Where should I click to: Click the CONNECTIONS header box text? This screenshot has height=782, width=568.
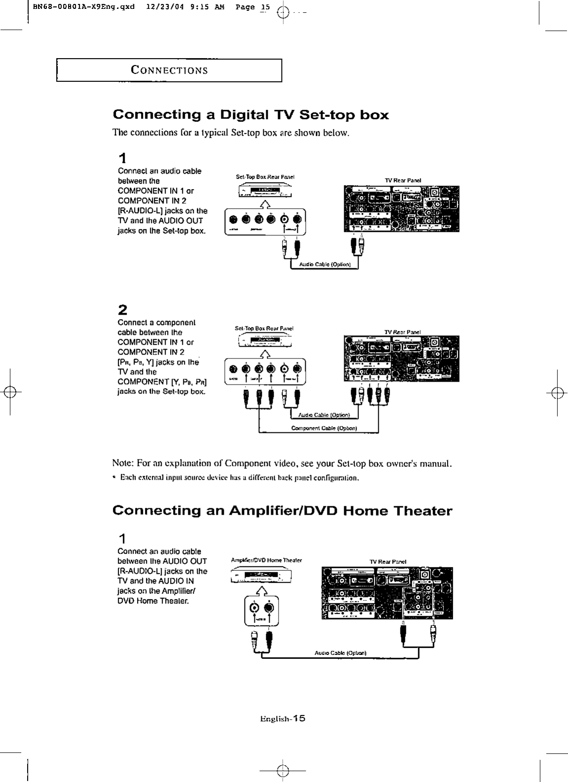pyautogui.click(x=169, y=69)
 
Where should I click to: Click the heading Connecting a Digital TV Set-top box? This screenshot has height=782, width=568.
pyautogui.click(x=250, y=115)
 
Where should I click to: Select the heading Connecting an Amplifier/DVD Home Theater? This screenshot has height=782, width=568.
pyautogui.click(x=282, y=511)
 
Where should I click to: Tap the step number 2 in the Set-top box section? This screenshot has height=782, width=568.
pyautogui.click(x=123, y=310)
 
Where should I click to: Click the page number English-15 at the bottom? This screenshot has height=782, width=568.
pyautogui.click(x=283, y=718)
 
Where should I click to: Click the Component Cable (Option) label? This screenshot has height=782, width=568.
pyautogui.click(x=324, y=428)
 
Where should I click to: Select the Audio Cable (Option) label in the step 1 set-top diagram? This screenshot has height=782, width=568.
pyautogui.click(x=324, y=264)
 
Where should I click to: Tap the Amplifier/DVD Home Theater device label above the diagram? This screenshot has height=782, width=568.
pyautogui.click(x=266, y=560)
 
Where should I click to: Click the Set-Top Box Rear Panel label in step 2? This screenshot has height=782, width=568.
pyautogui.click(x=264, y=328)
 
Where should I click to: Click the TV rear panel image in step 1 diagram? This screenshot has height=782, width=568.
pyautogui.click(x=401, y=208)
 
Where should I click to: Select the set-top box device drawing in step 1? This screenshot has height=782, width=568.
pyautogui.click(x=264, y=191)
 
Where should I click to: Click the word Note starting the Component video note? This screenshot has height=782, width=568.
pyautogui.click(x=121, y=463)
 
